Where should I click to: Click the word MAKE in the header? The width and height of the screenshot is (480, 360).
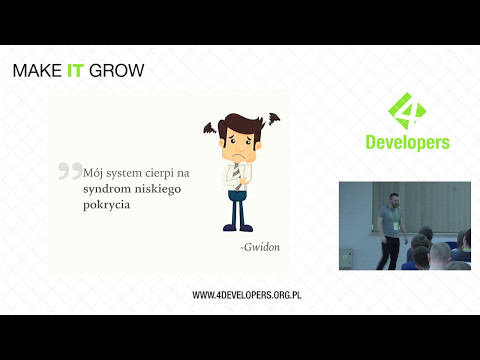[x=35, y=71]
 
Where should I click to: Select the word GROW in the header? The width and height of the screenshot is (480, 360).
[x=118, y=71]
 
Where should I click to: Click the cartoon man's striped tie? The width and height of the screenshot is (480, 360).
[x=236, y=175]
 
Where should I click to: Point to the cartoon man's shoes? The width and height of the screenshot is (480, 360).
[x=237, y=228]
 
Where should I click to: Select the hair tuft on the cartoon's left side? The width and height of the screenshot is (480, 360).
[x=209, y=128]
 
